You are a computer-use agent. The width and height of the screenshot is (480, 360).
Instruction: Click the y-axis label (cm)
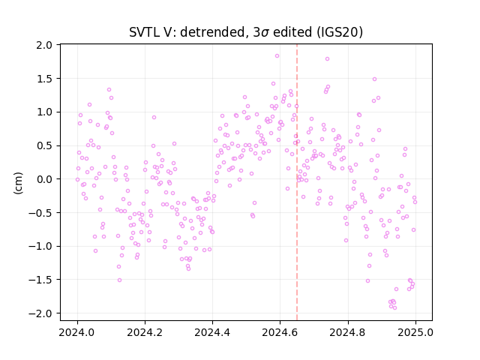(x=18, y=183)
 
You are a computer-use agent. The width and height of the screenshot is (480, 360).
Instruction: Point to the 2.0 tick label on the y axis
(x=44, y=45)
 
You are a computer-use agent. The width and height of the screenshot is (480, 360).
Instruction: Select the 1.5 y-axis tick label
(x=44, y=79)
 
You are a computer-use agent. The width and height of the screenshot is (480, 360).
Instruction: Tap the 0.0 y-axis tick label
(x=44, y=179)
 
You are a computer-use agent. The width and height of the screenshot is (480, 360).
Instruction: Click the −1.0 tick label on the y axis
(x=40, y=246)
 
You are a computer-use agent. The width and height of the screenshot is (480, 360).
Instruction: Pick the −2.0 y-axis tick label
(x=40, y=313)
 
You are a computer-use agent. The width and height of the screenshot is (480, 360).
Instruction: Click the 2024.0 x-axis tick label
(x=77, y=332)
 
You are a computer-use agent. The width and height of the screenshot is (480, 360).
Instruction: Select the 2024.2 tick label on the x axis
(x=145, y=332)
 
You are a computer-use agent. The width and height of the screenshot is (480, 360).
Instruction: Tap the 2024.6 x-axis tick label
(x=280, y=332)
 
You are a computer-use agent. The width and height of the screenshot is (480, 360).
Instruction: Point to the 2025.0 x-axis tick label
(x=415, y=332)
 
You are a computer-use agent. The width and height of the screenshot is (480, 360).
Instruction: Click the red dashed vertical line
(x=297, y=182)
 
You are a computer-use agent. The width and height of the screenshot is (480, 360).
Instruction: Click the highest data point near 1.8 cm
(x=277, y=56)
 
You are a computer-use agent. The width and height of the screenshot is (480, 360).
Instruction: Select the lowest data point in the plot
(x=395, y=307)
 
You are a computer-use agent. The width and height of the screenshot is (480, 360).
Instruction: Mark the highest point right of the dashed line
(x=327, y=58)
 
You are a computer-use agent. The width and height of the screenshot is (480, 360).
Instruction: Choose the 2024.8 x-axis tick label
(x=348, y=332)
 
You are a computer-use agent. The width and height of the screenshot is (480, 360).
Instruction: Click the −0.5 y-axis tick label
(x=40, y=213)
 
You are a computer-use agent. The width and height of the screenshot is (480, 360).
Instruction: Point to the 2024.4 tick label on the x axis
(x=212, y=332)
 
